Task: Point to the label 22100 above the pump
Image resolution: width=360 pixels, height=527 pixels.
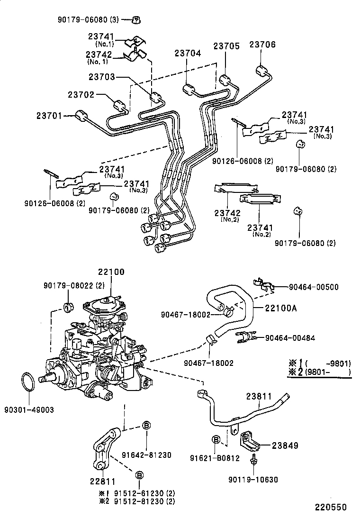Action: coord(111,272)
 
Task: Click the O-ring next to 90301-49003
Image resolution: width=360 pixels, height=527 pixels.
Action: coord(28,382)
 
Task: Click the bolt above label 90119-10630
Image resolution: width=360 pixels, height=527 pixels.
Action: coord(255,459)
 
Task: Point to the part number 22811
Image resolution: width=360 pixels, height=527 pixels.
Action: coord(102,482)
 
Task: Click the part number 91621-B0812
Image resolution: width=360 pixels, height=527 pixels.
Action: coord(216,458)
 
